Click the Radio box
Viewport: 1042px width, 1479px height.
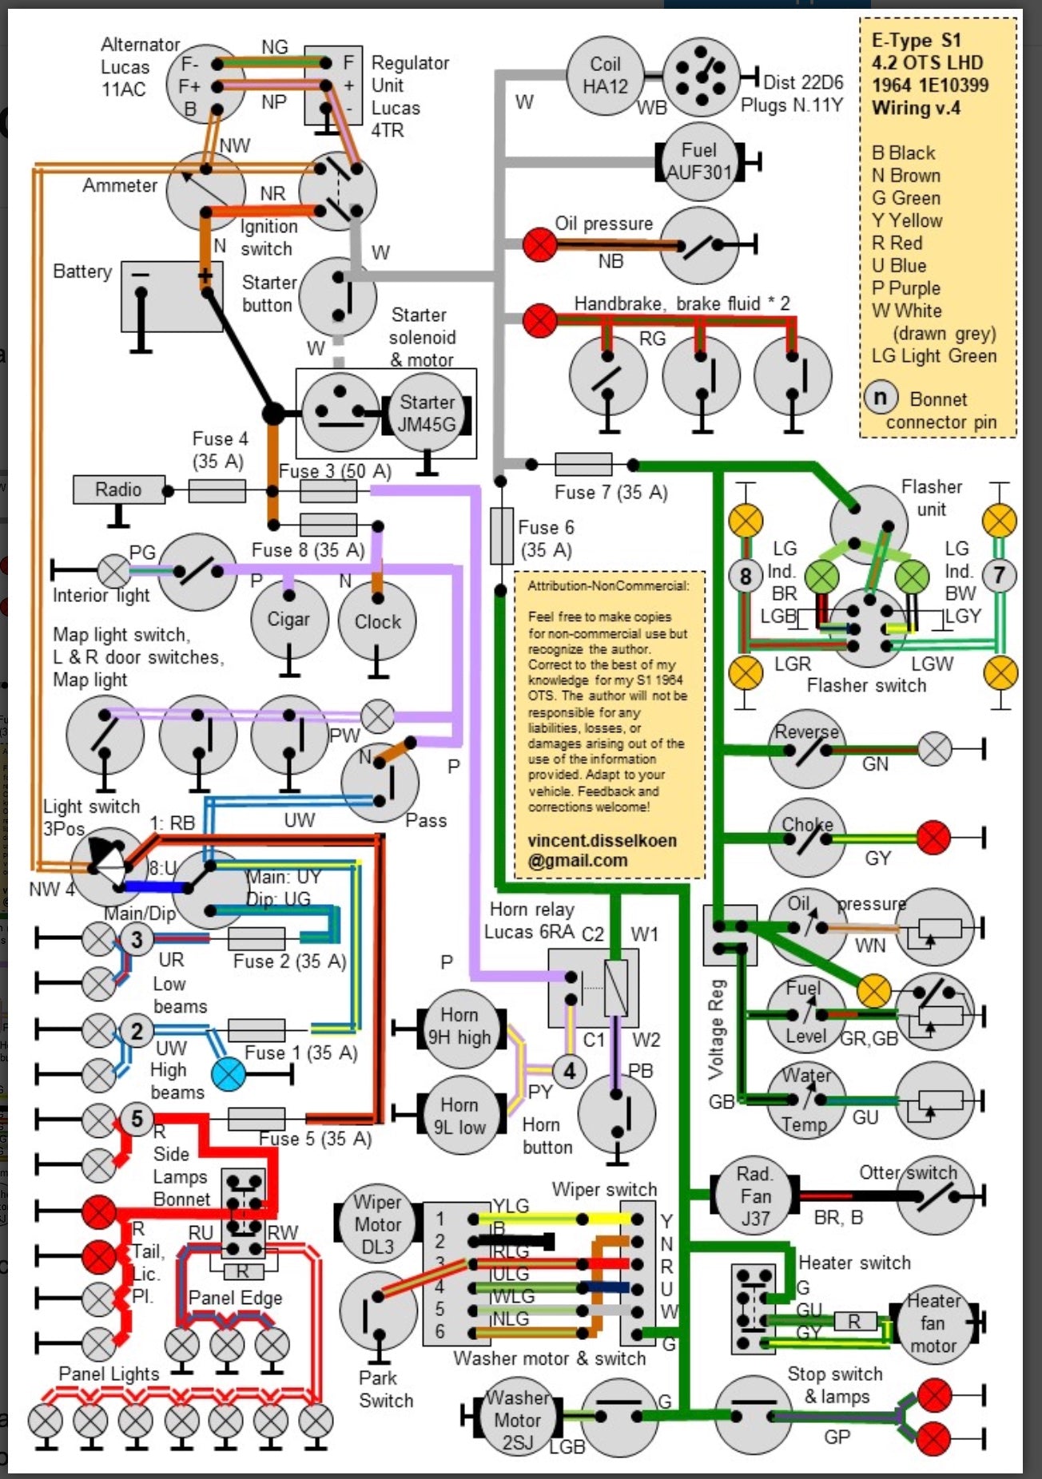(118, 490)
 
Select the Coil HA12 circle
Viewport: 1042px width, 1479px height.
(605, 76)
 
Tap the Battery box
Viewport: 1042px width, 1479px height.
(171, 295)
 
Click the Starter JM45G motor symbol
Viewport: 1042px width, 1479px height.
(427, 414)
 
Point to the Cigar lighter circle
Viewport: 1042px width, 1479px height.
(288, 620)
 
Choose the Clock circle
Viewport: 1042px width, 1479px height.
(377, 621)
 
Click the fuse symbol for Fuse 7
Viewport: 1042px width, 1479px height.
(583, 464)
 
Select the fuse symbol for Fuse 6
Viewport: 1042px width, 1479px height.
(501, 536)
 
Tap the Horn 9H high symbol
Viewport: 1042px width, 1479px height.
(459, 1026)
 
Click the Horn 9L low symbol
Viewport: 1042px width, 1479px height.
(459, 1116)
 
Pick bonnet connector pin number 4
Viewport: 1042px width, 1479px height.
(569, 1070)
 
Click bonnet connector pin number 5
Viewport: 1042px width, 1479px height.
(137, 1119)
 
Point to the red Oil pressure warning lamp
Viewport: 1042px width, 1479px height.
(539, 244)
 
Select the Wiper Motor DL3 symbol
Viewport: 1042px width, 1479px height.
(377, 1224)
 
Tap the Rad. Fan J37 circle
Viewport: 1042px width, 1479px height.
(754, 1195)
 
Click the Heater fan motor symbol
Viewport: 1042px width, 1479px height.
(933, 1323)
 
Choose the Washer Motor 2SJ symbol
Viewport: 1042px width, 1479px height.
(517, 1419)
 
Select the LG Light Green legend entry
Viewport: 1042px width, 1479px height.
(933, 356)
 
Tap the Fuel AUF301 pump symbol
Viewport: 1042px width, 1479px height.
(699, 161)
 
